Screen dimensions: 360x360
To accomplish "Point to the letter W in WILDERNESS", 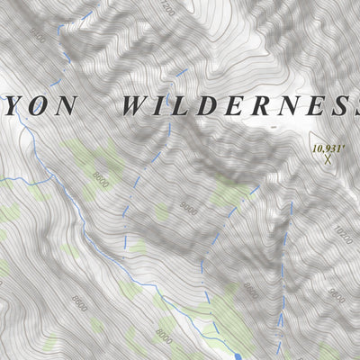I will [136, 105].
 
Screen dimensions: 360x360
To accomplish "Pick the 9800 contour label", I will [251, 292].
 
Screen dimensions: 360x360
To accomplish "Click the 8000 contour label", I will [163, 337].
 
